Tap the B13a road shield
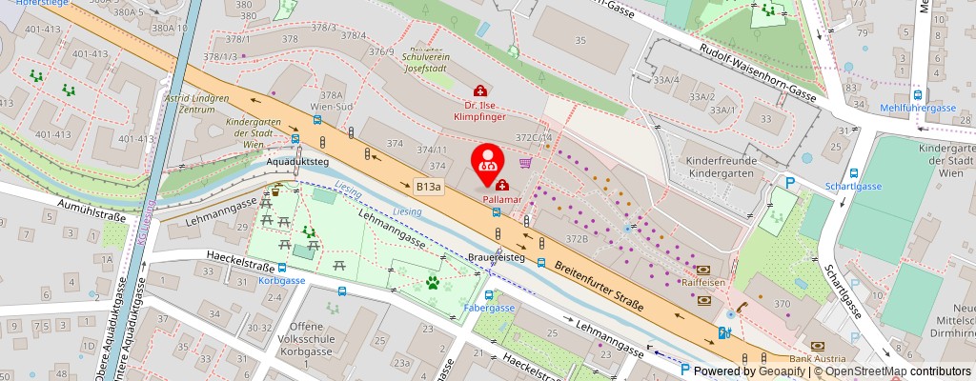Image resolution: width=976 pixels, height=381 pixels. tap(428, 187)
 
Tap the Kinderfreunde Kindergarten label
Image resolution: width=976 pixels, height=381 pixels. tap(724, 169)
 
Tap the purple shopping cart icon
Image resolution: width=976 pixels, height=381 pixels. tap(524, 162)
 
